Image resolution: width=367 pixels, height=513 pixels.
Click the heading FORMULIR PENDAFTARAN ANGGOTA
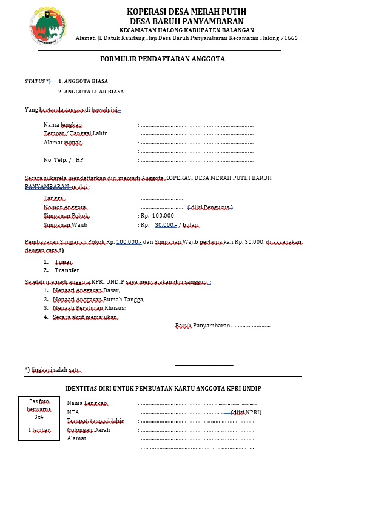[x=163, y=59]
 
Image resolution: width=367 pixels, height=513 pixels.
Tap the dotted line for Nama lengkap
[x=197, y=125]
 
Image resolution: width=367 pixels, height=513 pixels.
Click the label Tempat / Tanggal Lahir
[x=75, y=133]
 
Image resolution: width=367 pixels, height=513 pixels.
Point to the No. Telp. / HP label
[x=63, y=160]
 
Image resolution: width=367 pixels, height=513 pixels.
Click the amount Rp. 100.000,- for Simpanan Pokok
[x=159, y=215]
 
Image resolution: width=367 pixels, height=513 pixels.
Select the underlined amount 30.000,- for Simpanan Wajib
[x=166, y=224]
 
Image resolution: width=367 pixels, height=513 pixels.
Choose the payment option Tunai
[x=62, y=261]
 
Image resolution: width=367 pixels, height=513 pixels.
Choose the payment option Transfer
[x=67, y=270]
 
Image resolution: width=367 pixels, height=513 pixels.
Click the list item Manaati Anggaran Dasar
[x=86, y=290]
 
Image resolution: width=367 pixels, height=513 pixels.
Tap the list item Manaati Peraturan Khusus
[x=89, y=308]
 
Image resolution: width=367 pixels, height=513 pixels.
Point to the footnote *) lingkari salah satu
[x=53, y=370]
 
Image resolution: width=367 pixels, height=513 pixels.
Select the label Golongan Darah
[x=89, y=429]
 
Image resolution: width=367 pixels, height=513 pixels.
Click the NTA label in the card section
[x=73, y=412]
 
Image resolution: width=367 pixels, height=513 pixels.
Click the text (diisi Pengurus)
[x=210, y=207]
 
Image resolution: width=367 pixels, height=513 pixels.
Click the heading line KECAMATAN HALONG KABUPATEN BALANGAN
[x=186, y=30]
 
